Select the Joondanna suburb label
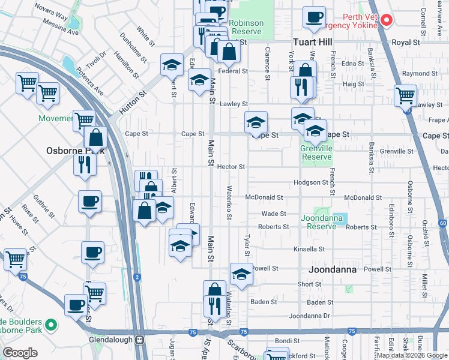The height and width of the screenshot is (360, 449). (333, 270)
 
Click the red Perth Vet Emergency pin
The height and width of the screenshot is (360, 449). (386, 20)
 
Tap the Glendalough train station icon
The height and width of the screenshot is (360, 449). (139, 339)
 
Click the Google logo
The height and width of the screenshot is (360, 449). (20, 353)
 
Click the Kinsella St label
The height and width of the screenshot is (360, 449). (309, 248)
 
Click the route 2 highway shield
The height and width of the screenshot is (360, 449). (137, 277)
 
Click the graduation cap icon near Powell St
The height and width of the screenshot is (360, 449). (241, 274)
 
